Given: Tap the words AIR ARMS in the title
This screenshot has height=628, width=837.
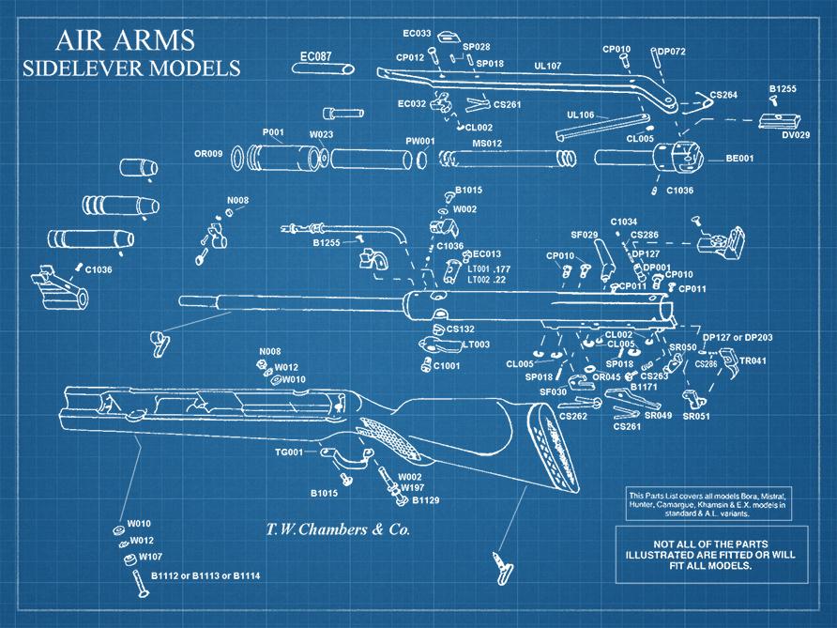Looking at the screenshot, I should point(125,39).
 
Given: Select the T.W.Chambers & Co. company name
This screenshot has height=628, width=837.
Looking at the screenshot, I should point(333,529).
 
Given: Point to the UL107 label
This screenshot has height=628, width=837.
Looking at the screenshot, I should point(547,66).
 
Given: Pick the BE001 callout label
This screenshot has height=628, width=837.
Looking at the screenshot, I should point(739,159).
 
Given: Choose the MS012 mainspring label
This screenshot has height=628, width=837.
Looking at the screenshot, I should point(486,143).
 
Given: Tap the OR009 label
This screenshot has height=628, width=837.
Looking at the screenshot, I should point(207,153).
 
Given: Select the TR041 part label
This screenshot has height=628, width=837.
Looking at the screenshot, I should point(753,360).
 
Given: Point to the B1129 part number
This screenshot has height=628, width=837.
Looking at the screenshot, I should point(426,499).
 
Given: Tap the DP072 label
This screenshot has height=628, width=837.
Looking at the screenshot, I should point(671,51).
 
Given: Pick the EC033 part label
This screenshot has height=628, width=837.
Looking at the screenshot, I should point(417,34).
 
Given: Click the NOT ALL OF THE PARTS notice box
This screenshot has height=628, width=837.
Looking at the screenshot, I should point(709,553).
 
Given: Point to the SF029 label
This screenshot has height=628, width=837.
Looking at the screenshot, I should point(585,234).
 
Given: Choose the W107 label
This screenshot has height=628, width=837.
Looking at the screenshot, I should point(151,557).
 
